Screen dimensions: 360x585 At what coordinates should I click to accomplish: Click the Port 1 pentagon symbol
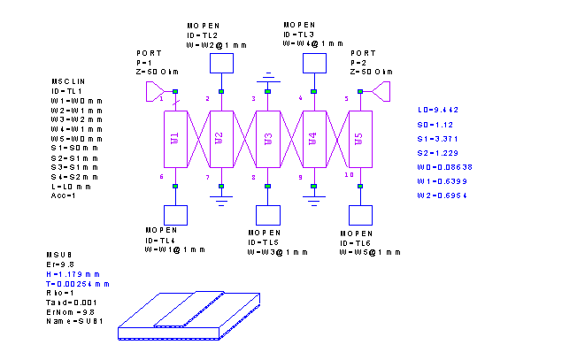click(x=154, y=91)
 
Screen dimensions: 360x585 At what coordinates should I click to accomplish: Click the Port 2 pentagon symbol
click(x=381, y=91)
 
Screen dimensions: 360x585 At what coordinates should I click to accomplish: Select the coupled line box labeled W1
click(x=175, y=138)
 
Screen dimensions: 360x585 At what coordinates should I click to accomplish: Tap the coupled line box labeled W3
click(x=267, y=138)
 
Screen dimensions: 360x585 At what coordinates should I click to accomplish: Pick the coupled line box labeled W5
click(x=359, y=138)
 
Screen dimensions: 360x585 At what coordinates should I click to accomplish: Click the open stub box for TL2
click(x=221, y=63)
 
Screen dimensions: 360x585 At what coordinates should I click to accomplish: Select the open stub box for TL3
click(x=313, y=63)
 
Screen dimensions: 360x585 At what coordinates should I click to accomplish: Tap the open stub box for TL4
click(x=175, y=215)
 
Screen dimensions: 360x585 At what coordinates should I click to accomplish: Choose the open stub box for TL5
click(x=267, y=215)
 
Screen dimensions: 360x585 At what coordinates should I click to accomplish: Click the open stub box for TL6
click(x=359, y=215)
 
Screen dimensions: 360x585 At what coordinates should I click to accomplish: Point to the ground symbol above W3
click(x=267, y=79)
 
